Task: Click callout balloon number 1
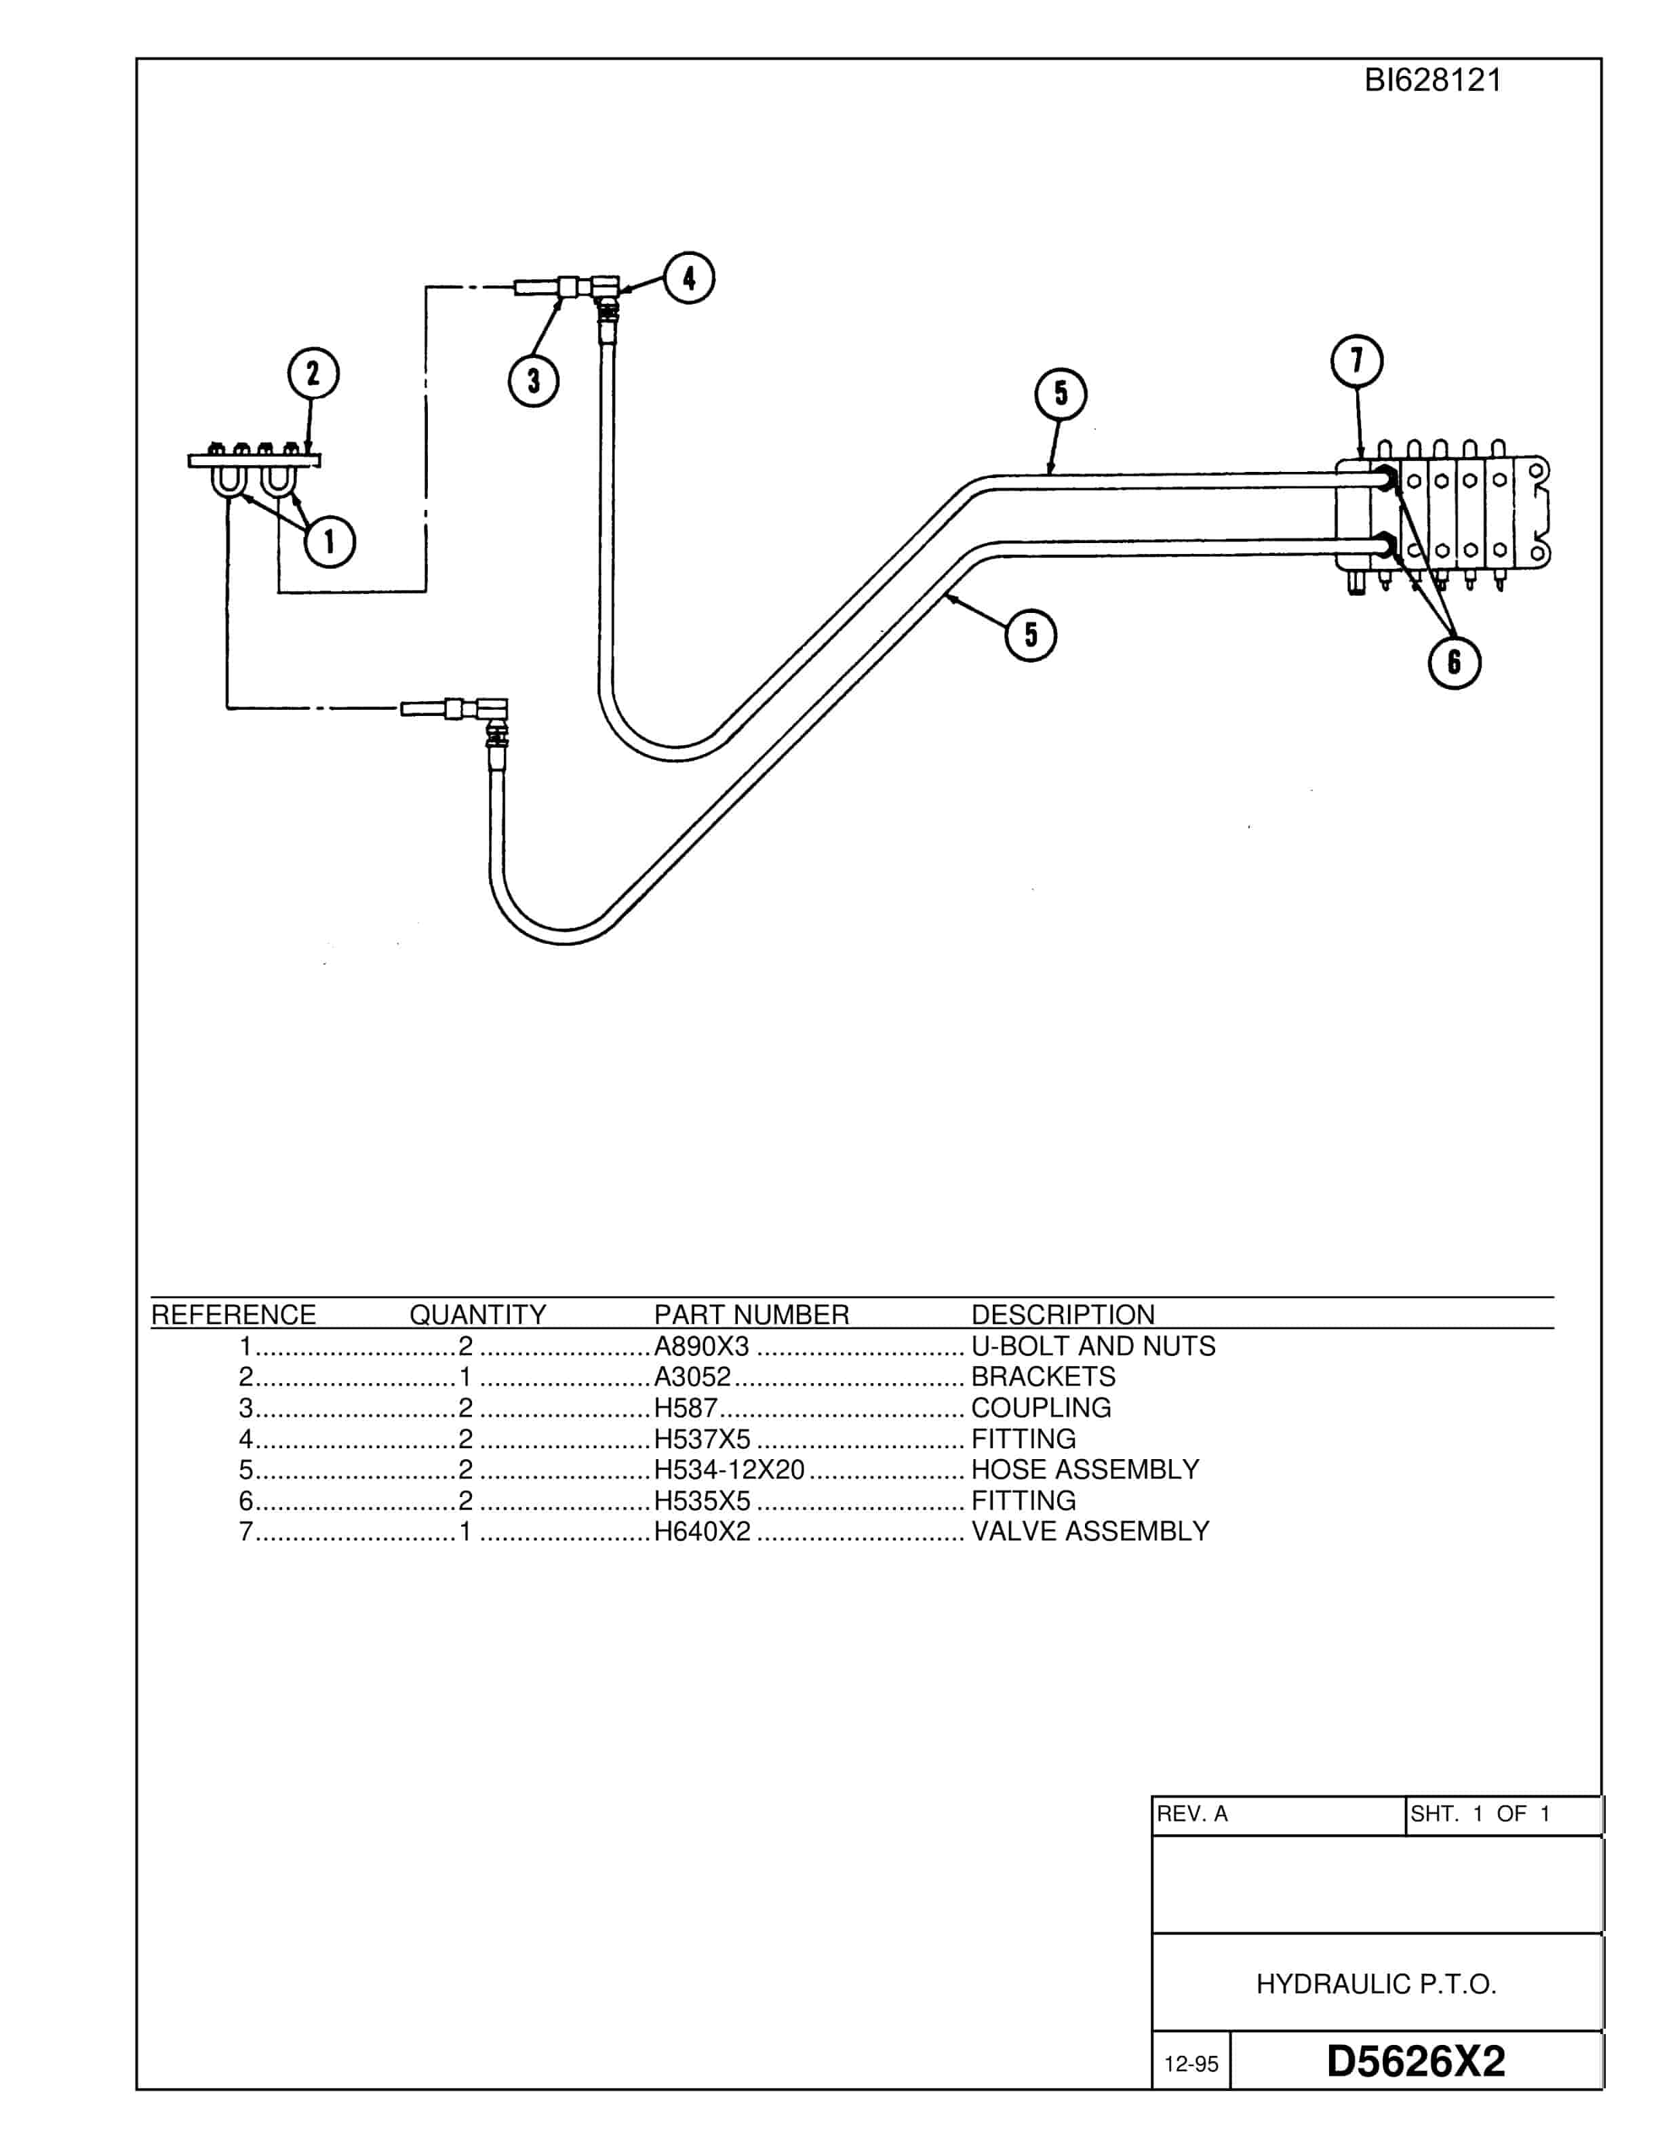(330, 542)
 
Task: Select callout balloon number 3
(533, 380)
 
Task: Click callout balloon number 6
(1455, 662)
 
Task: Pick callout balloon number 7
(1357, 361)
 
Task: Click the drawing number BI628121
(1433, 81)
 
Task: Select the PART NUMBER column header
(751, 1315)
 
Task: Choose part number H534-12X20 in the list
(730, 1469)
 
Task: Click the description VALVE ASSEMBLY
(1090, 1532)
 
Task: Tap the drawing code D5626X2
(1415, 2061)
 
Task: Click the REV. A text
(1192, 1814)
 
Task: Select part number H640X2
(702, 1532)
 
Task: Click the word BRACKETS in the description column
(1044, 1377)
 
